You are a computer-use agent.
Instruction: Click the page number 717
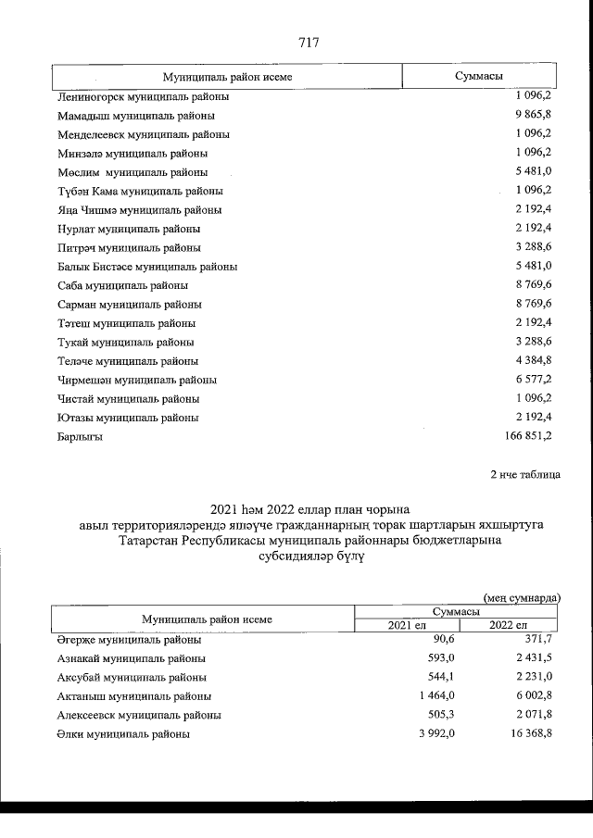309,42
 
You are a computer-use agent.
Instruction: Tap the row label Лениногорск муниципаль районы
143,96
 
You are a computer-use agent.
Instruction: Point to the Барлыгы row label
80,436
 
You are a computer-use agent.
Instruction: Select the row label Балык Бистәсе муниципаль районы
146,267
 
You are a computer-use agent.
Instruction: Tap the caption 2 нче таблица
524,475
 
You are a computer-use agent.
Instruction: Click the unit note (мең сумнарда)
522,598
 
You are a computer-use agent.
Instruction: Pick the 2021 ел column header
410,626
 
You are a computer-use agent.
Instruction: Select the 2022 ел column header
507,626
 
